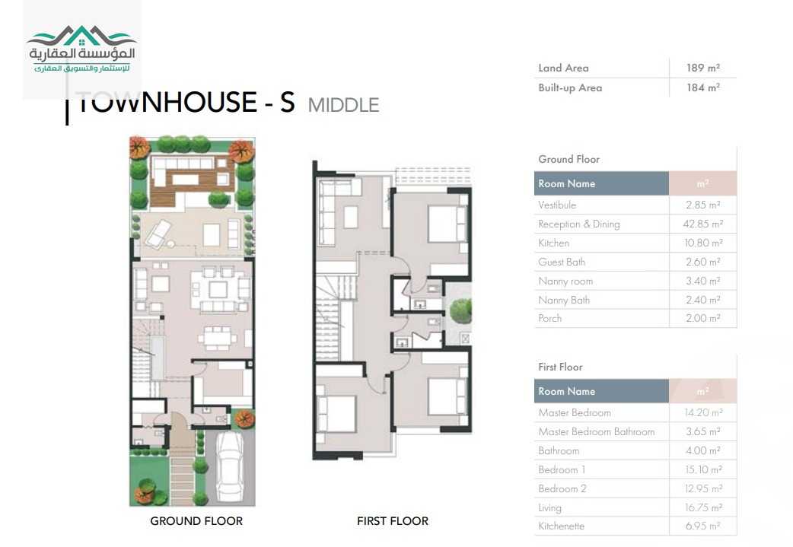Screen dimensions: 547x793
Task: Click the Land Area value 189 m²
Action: pyautogui.click(x=702, y=68)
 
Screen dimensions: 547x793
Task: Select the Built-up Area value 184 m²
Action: pyautogui.click(x=702, y=88)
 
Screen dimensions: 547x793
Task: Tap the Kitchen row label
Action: pyautogui.click(x=553, y=243)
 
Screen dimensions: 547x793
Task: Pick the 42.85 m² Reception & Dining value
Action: pyautogui.click(x=702, y=224)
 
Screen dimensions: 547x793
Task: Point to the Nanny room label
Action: pyautogui.click(x=565, y=281)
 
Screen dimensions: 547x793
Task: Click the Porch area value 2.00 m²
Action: pyautogui.click(x=702, y=319)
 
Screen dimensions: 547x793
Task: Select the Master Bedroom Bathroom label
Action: pyautogui.click(x=596, y=432)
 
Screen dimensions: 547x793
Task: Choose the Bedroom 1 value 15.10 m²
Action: pyautogui.click(x=702, y=470)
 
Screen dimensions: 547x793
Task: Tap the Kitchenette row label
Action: pyautogui.click(x=561, y=526)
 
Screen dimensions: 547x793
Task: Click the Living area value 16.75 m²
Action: pyautogui.click(x=702, y=507)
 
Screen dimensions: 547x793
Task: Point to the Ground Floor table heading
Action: pyautogui.click(x=568, y=160)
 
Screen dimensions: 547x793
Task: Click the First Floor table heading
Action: pyautogui.click(x=560, y=367)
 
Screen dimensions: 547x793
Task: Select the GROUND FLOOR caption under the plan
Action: pyautogui.click(x=196, y=521)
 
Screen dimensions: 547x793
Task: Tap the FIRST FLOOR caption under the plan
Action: pyautogui.click(x=393, y=521)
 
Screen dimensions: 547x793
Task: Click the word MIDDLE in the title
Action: pyautogui.click(x=343, y=105)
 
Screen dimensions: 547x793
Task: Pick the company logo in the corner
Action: pyautogui.click(x=81, y=50)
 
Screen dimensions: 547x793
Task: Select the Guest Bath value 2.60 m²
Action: pyautogui.click(x=702, y=262)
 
